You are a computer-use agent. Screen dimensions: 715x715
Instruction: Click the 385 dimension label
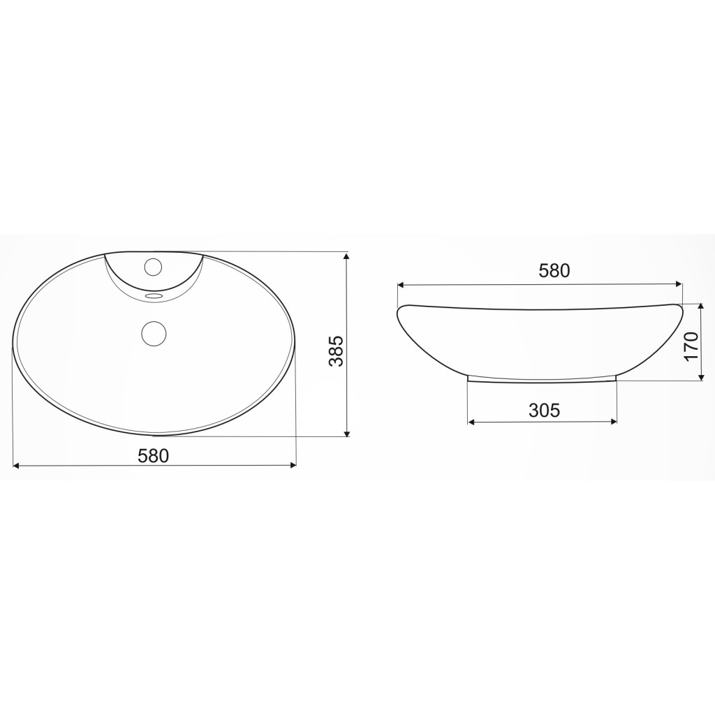336,351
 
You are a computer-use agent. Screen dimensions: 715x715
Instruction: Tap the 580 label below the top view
154,455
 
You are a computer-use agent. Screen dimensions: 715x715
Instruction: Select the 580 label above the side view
554,271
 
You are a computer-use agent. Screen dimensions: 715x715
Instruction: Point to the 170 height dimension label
691,346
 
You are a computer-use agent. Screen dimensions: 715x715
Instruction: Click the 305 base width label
544,410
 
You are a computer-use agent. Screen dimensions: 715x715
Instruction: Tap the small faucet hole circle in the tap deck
153,266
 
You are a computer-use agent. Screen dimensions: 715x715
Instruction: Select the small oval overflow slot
153,296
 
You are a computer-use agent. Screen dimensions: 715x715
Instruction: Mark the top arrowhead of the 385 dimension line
347,256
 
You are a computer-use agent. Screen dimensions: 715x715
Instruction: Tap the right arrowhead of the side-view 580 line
679,284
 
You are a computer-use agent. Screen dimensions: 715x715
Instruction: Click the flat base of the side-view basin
543,381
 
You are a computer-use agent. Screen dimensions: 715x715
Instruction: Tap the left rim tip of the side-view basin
399,308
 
